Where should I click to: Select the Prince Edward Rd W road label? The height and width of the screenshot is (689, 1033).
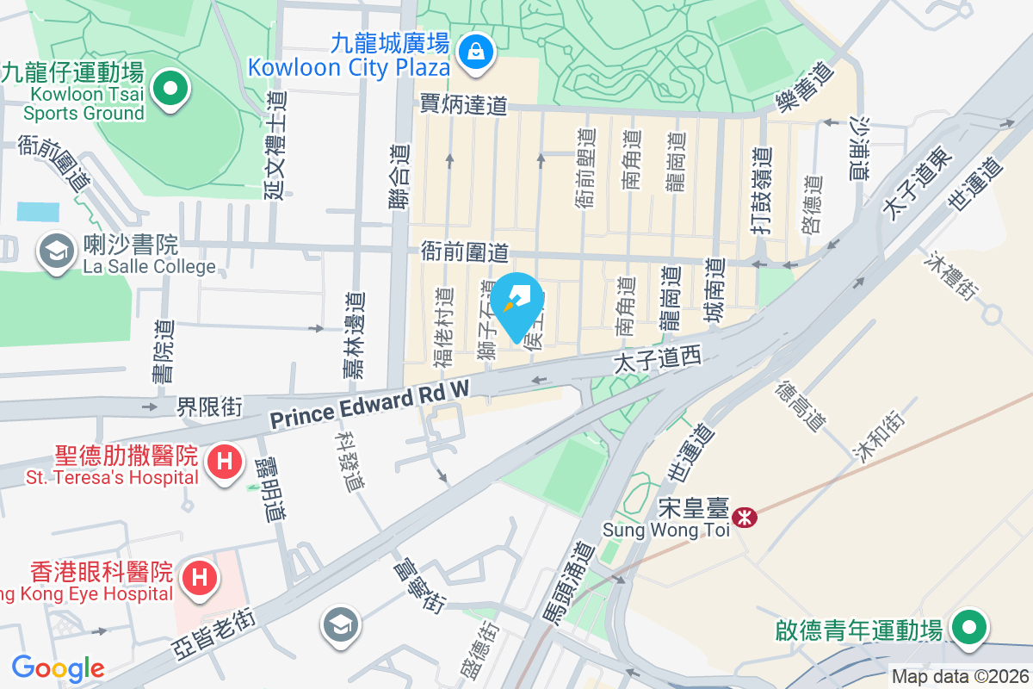coord(370,405)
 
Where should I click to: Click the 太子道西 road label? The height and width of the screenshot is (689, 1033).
coord(659,360)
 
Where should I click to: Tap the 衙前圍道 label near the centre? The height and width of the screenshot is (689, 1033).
coord(465,252)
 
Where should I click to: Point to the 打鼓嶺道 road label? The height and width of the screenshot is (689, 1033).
coord(760,187)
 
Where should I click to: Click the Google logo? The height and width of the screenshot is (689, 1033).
coord(58,668)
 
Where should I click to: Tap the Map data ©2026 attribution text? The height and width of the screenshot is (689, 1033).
coord(959,676)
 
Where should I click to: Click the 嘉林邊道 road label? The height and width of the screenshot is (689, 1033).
coord(354,336)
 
